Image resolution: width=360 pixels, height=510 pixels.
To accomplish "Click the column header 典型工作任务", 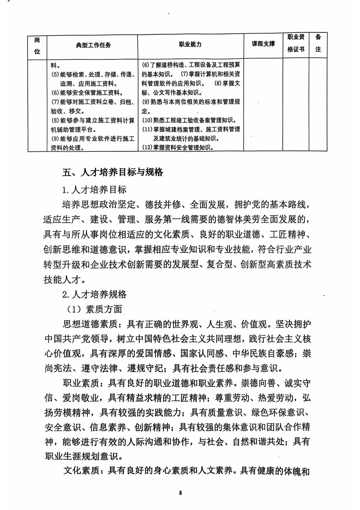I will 93,45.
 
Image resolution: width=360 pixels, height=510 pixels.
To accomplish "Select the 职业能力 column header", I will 190,44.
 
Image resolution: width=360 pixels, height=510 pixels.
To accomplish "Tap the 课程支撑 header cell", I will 263,44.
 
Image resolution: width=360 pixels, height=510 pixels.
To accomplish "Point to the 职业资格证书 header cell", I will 296,43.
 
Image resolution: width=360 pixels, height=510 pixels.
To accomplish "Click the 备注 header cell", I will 318,43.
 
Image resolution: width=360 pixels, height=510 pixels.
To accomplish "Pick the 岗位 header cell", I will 37,46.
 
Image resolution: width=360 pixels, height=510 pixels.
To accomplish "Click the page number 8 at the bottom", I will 180,493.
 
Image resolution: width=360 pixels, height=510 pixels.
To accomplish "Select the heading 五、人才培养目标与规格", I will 113,172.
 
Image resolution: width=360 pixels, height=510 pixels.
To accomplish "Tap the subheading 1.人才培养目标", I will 94,190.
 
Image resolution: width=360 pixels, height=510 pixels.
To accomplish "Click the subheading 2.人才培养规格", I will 94,294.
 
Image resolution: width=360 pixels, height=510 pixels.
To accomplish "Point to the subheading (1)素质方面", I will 94,309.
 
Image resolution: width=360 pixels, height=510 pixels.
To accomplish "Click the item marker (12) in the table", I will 147,147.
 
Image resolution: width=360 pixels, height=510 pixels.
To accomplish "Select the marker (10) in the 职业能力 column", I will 147,120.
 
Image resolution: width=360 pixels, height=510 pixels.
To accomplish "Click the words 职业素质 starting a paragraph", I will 81,383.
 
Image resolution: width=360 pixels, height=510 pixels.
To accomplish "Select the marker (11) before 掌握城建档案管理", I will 147,129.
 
